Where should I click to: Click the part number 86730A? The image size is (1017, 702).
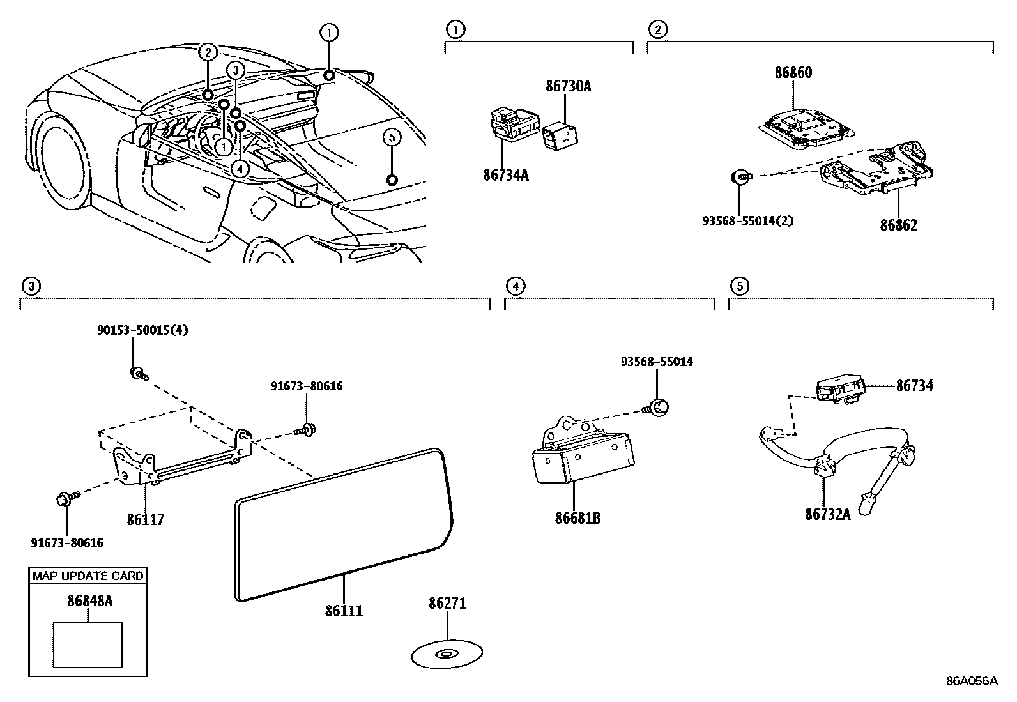568,86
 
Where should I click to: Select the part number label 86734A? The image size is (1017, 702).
505,174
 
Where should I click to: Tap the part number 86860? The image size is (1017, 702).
793,73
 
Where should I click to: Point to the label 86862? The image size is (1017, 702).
898,225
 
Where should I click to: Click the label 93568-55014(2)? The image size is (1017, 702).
738,221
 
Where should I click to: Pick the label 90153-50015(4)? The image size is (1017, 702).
142,330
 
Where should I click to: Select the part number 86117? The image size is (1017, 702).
145,519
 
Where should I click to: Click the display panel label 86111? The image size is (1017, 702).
344,611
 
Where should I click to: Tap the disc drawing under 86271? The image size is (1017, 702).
446,654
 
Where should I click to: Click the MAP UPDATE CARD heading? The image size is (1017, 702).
88,576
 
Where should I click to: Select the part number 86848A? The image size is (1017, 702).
89,601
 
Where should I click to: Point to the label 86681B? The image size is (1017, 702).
577,518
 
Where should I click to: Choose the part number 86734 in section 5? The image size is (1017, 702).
914,385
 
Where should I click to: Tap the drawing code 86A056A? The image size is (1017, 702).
972,681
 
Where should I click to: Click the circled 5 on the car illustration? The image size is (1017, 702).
392,137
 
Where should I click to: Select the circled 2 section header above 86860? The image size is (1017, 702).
657,29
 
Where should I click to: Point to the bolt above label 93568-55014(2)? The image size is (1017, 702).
740,176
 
